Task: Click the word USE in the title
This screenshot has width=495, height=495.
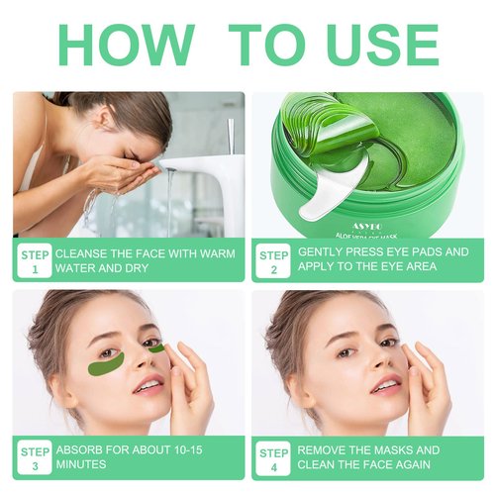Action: [371, 46]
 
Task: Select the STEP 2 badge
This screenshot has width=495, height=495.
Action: [272, 260]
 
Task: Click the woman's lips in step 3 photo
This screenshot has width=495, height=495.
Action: [148, 385]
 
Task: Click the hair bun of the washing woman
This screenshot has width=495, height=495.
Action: [158, 109]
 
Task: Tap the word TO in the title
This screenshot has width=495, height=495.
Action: [264, 46]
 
